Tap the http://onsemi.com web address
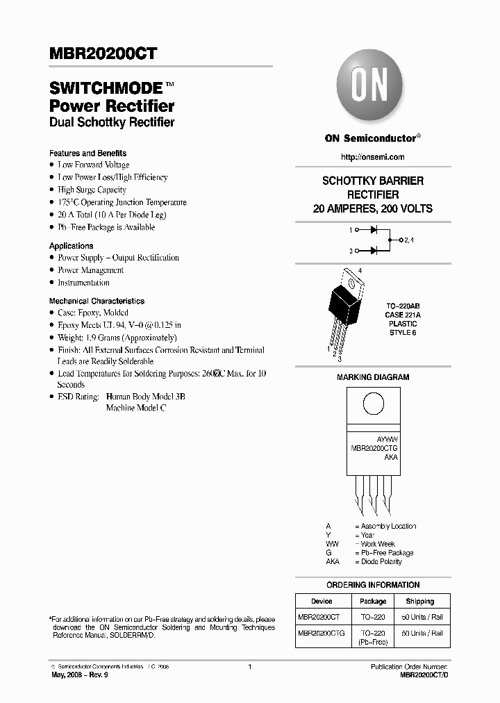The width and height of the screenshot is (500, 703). [373, 158]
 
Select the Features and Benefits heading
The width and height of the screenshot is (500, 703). [87, 153]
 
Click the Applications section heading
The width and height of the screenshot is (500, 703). [71, 246]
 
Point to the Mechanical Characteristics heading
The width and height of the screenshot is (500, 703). [97, 301]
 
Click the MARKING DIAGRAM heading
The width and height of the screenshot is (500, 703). [373, 377]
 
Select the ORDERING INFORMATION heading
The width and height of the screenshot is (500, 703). [373, 585]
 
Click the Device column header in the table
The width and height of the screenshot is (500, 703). [322, 602]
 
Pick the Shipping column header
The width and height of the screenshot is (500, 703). [419, 602]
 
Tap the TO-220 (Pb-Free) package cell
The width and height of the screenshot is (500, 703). [373, 637]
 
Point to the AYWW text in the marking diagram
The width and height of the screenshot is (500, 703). [387, 441]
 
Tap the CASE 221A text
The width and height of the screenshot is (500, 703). [403, 315]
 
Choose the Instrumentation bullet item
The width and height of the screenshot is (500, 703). [83, 283]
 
